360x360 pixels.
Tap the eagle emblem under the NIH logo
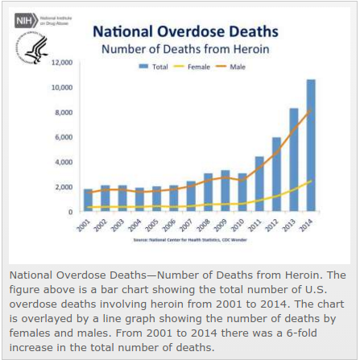click(x=36, y=51)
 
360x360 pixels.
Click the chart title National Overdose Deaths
click(x=185, y=32)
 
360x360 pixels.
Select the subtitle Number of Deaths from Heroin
click(x=185, y=50)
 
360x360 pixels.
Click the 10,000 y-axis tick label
click(x=62, y=87)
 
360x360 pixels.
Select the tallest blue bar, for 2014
click(x=311, y=145)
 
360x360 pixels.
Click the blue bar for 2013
click(x=294, y=159)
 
